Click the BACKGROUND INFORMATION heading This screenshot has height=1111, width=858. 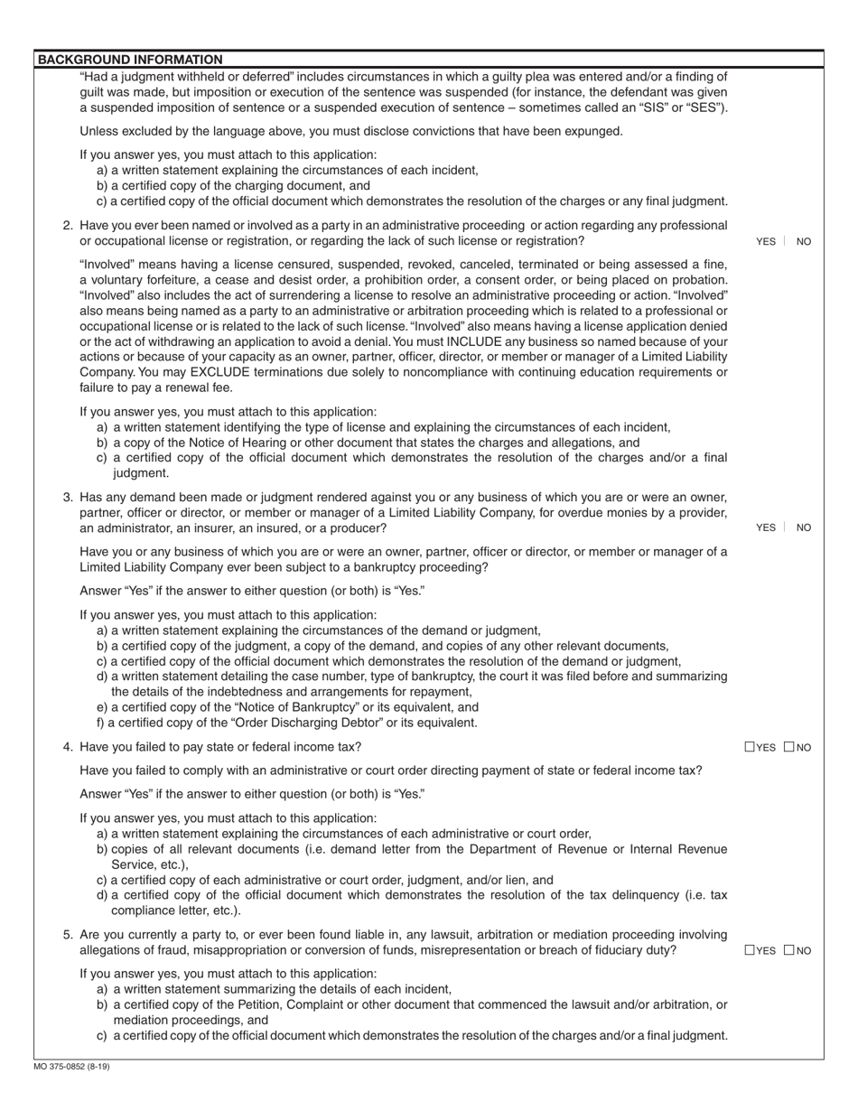(x=130, y=60)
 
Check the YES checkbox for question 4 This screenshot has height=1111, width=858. (x=751, y=747)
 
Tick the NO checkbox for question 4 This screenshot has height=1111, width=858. (x=789, y=747)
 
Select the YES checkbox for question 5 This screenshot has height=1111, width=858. (x=751, y=950)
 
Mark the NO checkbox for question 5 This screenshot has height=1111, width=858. (x=789, y=950)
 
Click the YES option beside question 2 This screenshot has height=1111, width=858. (x=765, y=241)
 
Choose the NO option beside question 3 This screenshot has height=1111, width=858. (x=804, y=527)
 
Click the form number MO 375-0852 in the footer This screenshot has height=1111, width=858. (x=72, y=1067)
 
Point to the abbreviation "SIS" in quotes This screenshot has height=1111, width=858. (x=665, y=107)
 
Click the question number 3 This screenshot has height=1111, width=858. (x=68, y=497)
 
